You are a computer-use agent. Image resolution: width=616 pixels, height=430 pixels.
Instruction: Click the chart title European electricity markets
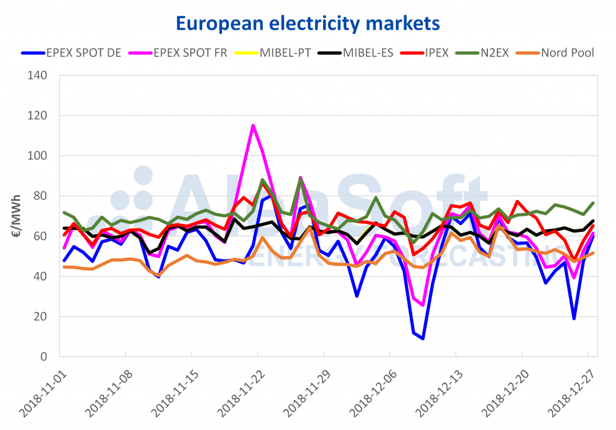(308, 23)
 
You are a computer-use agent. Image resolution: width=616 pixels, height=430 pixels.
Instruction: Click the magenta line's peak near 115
(253, 125)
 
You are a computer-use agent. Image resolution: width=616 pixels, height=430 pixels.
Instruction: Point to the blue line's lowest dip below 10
(423, 338)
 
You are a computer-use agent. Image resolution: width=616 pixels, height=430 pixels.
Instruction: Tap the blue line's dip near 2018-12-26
(574, 318)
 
